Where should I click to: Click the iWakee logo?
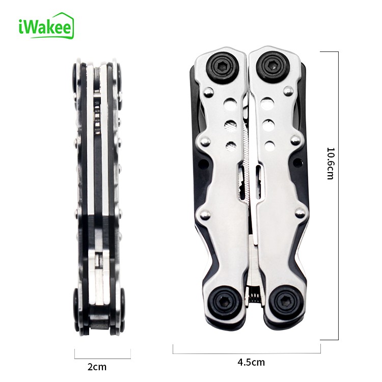(46, 26)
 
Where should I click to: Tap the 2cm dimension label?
(97, 367)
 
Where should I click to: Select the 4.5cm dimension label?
(251, 362)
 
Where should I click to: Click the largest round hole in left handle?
(230, 103)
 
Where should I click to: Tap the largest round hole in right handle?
(266, 103)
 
